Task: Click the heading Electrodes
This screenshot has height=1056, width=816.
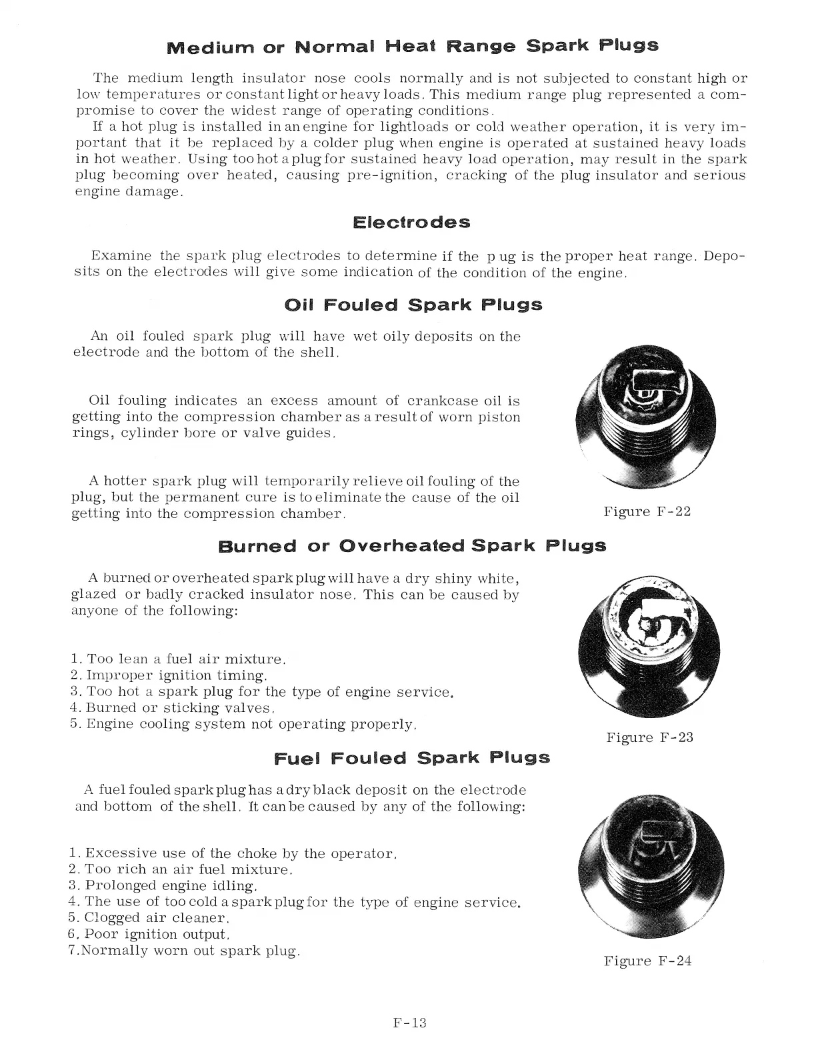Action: point(411,222)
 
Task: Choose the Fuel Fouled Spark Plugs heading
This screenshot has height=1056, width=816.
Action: point(412,758)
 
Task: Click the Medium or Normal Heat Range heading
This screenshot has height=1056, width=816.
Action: point(412,46)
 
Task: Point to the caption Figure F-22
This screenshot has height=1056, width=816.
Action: point(647,511)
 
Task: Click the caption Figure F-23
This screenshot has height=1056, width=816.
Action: point(649,737)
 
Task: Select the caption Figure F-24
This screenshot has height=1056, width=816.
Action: point(647,961)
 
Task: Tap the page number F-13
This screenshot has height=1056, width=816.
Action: point(409,1023)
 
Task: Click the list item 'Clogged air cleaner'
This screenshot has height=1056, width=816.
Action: point(149,918)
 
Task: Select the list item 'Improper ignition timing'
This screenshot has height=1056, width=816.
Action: point(169,675)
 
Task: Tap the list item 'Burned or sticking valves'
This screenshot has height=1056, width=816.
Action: point(173,707)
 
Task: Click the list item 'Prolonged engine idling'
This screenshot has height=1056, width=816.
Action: point(163,886)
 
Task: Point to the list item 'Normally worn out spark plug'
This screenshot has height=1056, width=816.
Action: point(185,951)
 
